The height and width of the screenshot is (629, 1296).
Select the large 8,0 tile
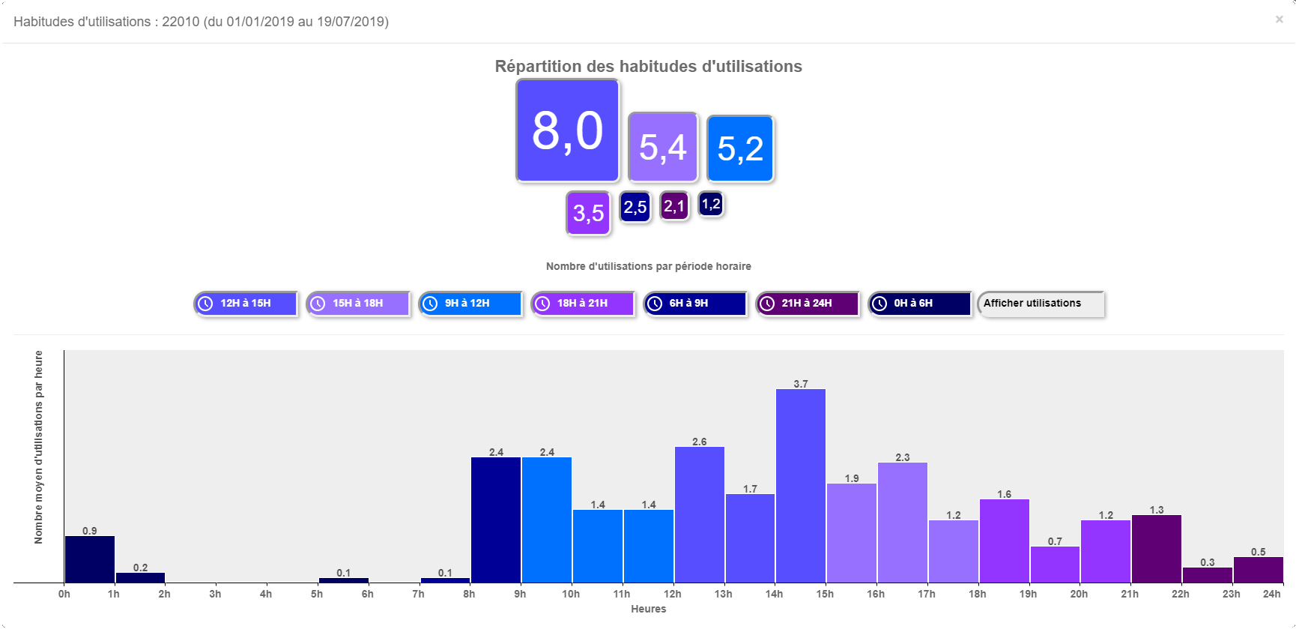click(568, 130)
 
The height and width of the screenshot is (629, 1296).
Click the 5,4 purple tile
click(663, 147)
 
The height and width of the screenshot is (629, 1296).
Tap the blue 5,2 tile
click(740, 148)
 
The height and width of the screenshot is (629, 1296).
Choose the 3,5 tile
click(588, 213)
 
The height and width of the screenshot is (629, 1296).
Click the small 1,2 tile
click(711, 204)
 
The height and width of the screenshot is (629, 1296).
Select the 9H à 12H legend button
click(470, 304)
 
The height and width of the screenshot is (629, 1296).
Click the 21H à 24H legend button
click(808, 304)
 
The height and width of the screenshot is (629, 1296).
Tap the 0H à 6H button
click(920, 304)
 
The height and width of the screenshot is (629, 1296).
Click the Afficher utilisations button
click(1041, 304)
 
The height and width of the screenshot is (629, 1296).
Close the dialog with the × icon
click(1279, 19)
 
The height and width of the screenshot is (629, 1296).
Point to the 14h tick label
click(774, 594)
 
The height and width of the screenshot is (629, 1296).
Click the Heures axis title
click(648, 609)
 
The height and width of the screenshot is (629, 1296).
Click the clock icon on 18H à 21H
click(542, 304)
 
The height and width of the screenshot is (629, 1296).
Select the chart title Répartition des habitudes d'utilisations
click(648, 67)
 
